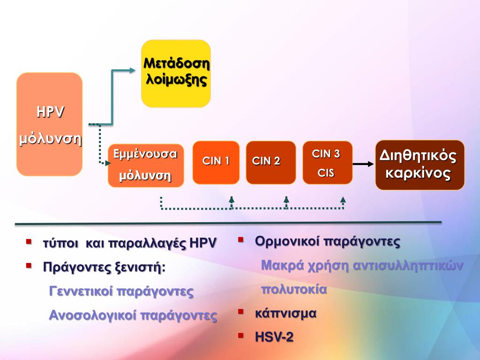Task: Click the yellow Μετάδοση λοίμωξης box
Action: [x=176, y=73]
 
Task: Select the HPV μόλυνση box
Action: [x=50, y=124]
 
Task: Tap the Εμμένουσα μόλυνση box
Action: [x=145, y=165]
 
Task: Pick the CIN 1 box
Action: [x=216, y=162]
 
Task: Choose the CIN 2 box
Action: [x=270, y=162]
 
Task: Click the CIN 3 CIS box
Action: [x=327, y=162]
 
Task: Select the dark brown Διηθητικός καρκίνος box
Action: [x=420, y=165]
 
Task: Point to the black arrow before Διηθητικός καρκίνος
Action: [x=362, y=164]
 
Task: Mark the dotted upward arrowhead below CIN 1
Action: [x=232, y=200]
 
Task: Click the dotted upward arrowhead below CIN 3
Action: [x=343, y=200]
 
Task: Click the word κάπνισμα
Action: [x=285, y=313]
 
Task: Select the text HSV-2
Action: [x=274, y=336]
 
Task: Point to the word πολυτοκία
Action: [x=293, y=289]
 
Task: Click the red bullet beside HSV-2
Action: [x=241, y=335]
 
